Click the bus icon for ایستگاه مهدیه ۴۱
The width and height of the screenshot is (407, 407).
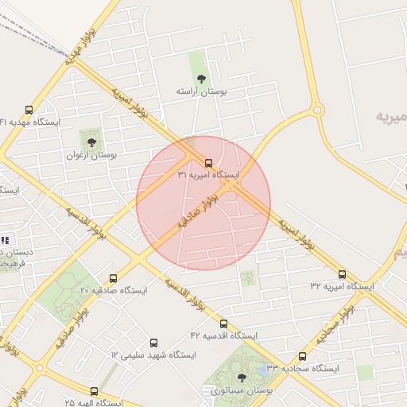point(29,110)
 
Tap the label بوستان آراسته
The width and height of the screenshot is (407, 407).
point(201,92)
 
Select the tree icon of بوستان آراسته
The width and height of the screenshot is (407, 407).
point(201,79)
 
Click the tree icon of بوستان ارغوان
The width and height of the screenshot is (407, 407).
point(91,142)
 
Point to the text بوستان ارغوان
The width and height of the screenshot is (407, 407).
point(91,156)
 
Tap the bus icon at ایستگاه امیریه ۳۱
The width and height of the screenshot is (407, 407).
point(208,162)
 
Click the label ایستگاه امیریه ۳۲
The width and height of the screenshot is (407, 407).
point(342,285)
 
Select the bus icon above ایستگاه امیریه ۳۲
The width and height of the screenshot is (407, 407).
point(343,273)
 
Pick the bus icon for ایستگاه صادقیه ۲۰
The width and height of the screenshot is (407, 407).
point(113,279)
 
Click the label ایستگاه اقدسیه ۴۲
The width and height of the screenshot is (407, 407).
point(224,336)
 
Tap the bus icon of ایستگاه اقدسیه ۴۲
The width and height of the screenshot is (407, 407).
point(224,324)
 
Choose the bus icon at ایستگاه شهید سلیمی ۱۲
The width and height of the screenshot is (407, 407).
point(153,343)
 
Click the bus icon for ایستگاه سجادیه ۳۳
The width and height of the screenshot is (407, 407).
point(302,357)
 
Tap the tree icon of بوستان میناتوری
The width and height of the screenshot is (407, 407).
point(242,378)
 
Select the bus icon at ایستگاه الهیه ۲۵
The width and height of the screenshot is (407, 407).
point(94,391)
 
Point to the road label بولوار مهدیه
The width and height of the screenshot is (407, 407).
point(82,40)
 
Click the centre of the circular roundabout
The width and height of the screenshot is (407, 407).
point(317,110)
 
